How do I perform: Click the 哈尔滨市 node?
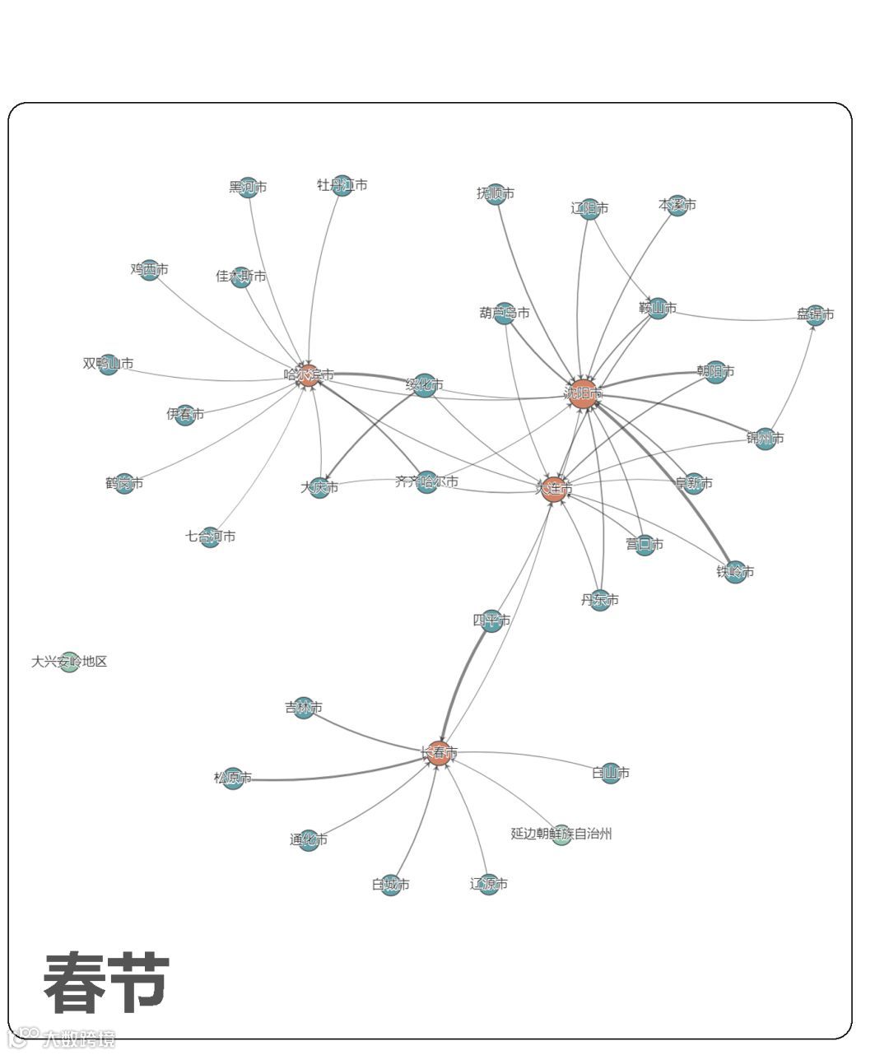coord(308,375)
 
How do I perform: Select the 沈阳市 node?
coord(583,393)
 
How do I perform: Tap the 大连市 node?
coord(554,489)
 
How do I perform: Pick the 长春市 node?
coord(439,752)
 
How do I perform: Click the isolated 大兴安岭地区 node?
coord(70,662)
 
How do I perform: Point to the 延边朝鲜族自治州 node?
coord(561,834)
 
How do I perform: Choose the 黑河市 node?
coord(248,188)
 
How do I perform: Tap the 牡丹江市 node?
coord(342,185)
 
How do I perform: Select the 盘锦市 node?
coord(815,314)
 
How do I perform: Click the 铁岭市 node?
coord(735,572)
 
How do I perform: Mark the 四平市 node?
coord(491,620)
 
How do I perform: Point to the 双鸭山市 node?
coord(109,365)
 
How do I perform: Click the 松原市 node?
coord(233,778)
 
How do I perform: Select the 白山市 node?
coord(611,774)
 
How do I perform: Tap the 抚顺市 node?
coord(495,194)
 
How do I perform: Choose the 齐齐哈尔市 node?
coord(426,482)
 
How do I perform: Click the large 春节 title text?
coord(106,983)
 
